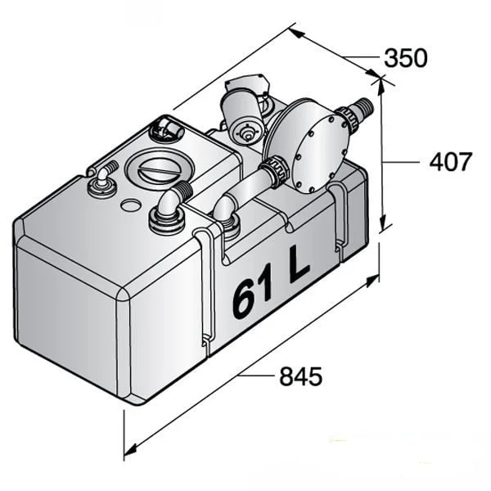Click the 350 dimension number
pos(406,58)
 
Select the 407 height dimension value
pos(450,162)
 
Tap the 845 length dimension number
pos(300,376)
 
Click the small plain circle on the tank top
pos(131,205)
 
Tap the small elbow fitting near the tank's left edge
pos(103,181)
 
